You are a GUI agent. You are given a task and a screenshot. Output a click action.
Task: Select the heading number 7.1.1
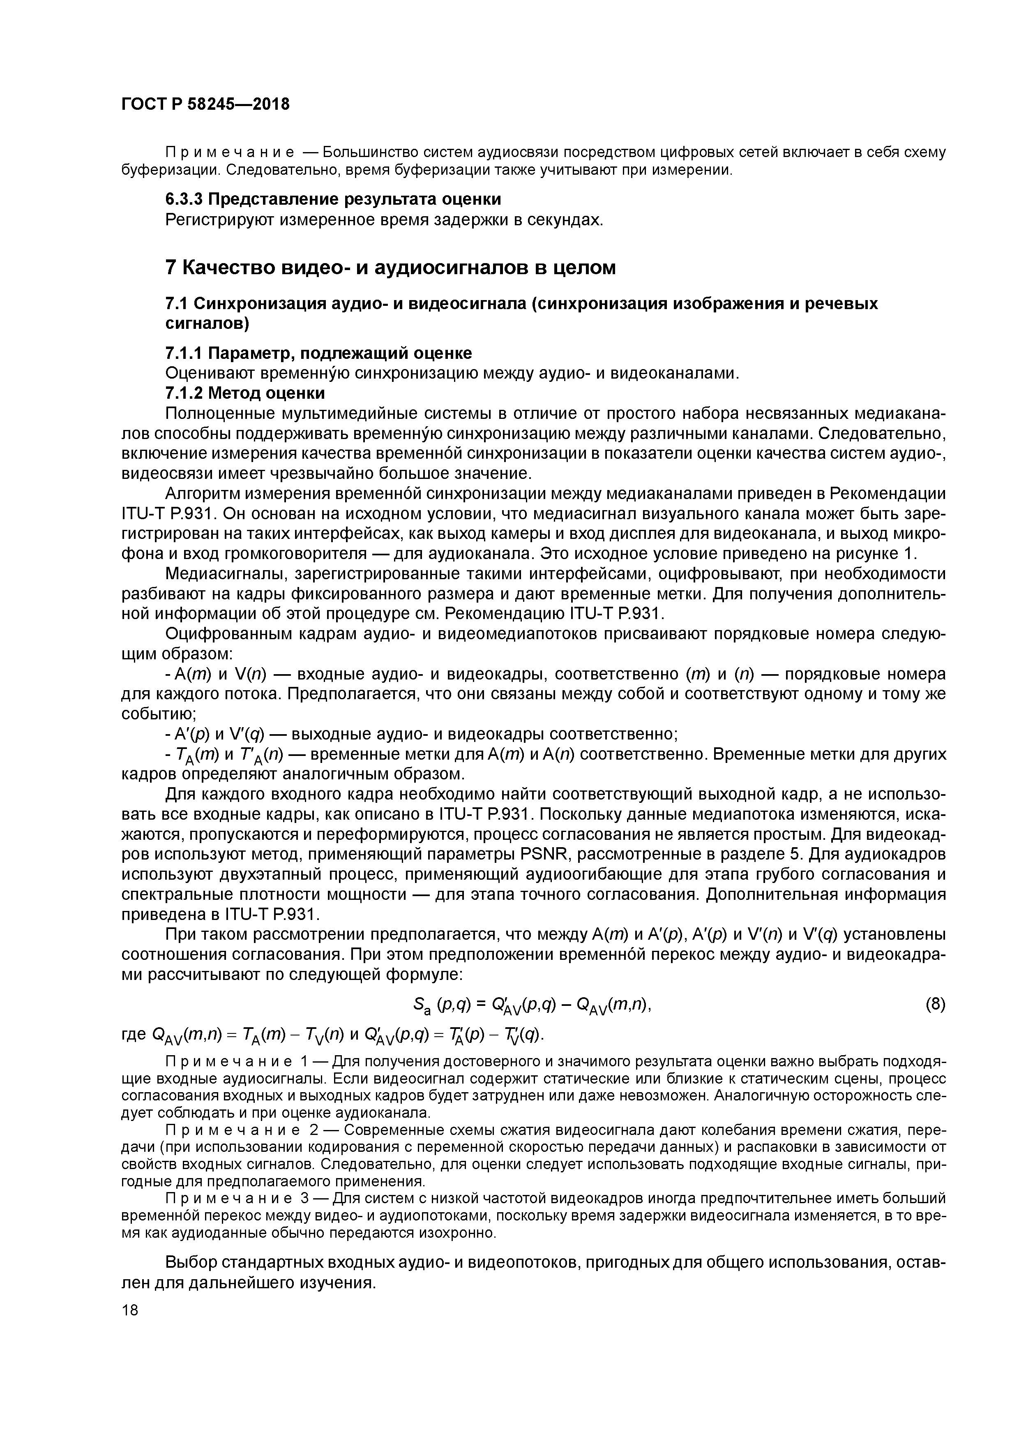183,353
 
